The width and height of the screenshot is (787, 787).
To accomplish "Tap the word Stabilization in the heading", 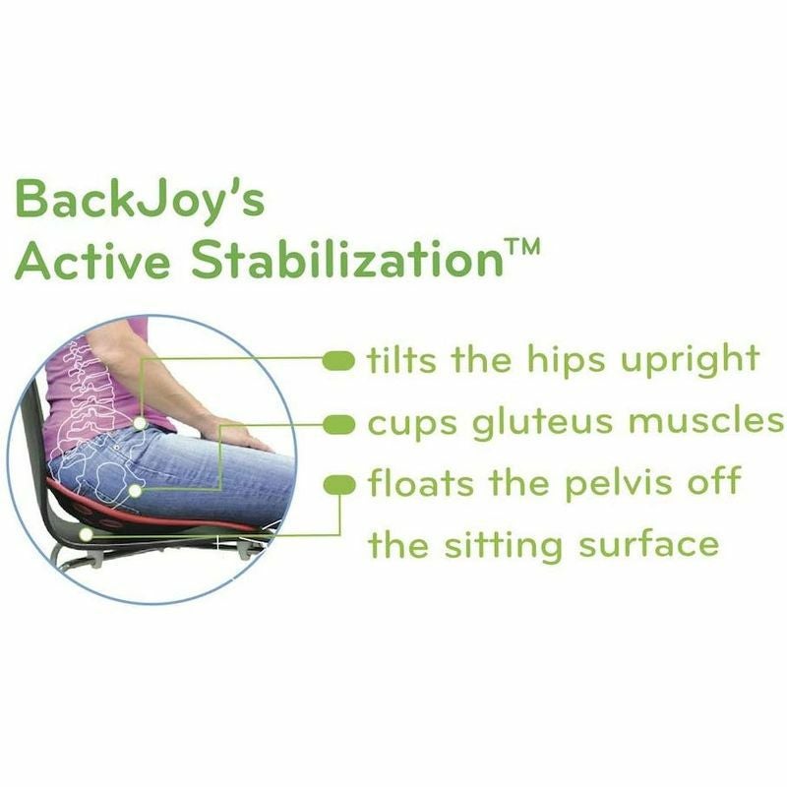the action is click(347, 259).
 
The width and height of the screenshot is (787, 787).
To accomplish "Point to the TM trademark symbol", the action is click(522, 248).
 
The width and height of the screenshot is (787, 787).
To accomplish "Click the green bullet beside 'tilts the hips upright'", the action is click(338, 360).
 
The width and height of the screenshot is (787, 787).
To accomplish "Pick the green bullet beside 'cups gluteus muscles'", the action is click(339, 425).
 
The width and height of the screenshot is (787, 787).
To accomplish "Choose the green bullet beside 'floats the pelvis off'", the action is click(339, 485).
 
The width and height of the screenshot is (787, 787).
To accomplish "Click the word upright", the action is click(691, 360).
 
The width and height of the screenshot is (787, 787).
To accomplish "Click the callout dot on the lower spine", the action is click(140, 424).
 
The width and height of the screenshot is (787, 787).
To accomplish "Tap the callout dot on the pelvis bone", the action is click(135, 490).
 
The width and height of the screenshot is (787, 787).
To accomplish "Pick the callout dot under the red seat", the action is click(87, 534).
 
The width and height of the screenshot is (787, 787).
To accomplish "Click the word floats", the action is click(421, 482).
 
